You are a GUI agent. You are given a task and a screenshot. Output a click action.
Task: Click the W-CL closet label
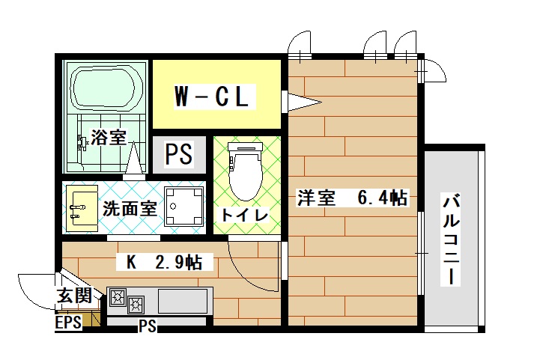(x=211, y=97)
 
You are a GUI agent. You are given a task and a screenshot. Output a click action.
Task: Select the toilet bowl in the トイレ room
(x=246, y=171)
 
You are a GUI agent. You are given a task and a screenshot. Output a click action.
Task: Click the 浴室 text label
(x=109, y=137)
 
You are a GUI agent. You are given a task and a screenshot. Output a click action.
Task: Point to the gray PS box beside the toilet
(x=179, y=154)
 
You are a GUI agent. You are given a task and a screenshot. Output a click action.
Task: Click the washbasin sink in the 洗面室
(x=82, y=208)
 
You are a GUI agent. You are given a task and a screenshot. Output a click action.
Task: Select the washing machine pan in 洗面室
(x=184, y=206)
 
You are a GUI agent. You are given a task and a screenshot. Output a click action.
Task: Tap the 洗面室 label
(x=130, y=208)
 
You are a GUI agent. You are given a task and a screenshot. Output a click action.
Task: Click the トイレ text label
(x=245, y=216)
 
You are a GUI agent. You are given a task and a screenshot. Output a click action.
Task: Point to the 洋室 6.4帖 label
(x=353, y=198)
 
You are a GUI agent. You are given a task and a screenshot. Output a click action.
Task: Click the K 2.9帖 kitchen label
(x=164, y=263)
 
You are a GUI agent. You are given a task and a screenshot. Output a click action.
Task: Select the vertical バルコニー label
(x=451, y=240)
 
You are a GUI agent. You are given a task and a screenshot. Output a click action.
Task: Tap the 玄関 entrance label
(x=74, y=296)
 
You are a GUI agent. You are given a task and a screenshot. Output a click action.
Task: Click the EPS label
(x=68, y=323)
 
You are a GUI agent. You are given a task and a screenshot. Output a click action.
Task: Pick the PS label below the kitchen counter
(x=148, y=326)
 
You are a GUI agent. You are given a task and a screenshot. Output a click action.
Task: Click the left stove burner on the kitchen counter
(x=118, y=297)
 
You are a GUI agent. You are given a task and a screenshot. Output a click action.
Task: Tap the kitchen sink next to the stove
(x=183, y=301)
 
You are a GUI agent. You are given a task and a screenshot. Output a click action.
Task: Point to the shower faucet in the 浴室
(x=82, y=143)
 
